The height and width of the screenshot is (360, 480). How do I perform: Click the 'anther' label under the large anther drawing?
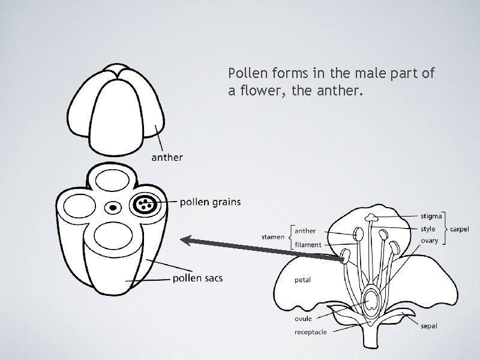(x=167, y=158)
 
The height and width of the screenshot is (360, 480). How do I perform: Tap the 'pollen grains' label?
(x=211, y=202)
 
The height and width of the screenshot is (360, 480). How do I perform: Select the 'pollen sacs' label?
(x=197, y=278)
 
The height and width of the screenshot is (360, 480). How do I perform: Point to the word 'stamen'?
(x=272, y=237)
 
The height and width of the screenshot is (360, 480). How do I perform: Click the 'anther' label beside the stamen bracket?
(x=305, y=230)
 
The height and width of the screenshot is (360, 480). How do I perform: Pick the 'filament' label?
(x=308, y=245)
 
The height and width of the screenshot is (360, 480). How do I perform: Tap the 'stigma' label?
(x=431, y=215)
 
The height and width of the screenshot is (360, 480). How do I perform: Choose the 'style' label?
(x=428, y=229)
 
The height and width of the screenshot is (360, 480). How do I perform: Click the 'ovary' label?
(x=430, y=241)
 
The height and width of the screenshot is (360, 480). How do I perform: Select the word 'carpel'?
(x=460, y=229)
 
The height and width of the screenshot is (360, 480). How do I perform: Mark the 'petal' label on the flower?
(x=302, y=280)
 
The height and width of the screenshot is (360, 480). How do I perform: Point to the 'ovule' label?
(x=303, y=319)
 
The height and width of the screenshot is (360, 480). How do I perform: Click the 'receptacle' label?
(x=311, y=332)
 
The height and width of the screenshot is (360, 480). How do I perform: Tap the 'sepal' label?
(x=429, y=326)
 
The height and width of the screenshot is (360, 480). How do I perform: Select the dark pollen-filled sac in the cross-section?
(x=145, y=204)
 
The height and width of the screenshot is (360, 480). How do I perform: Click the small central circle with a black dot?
(x=113, y=208)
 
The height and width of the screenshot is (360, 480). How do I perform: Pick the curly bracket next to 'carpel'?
(x=446, y=229)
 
